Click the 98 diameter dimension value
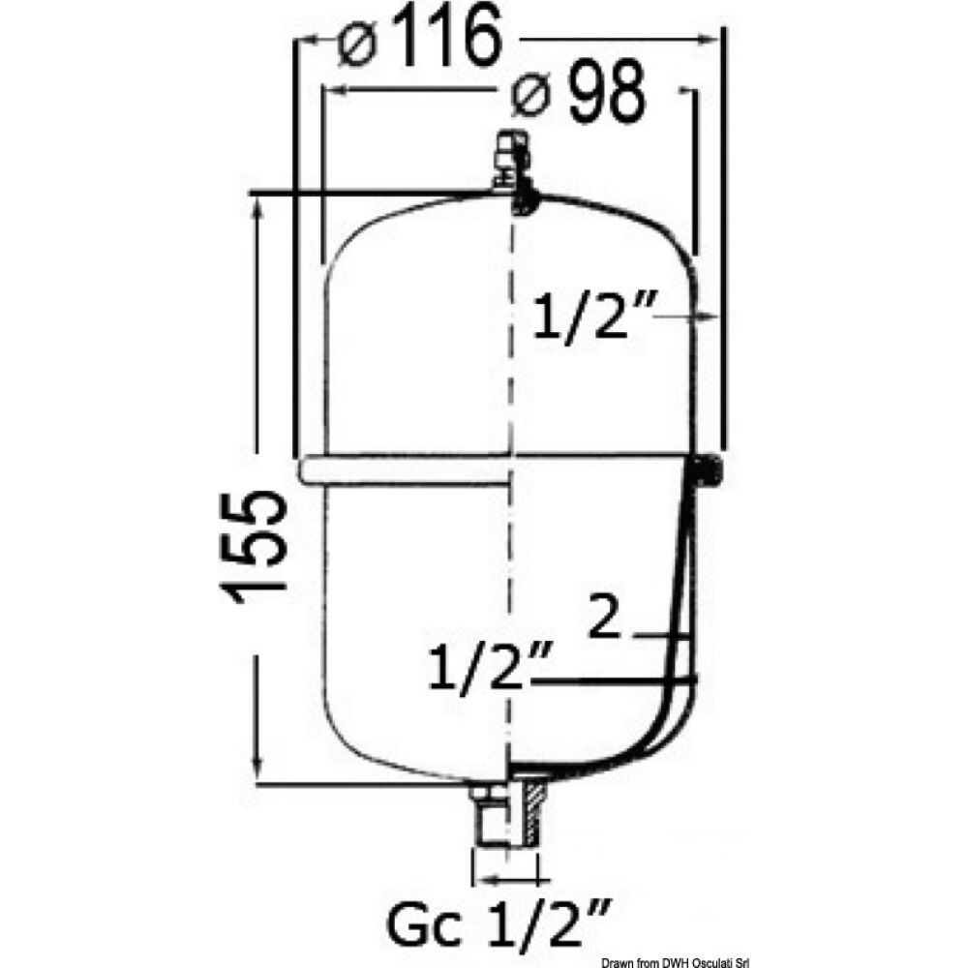coord(605,95)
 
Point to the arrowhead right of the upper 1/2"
coord(707,316)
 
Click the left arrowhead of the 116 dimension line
coord(307,41)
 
